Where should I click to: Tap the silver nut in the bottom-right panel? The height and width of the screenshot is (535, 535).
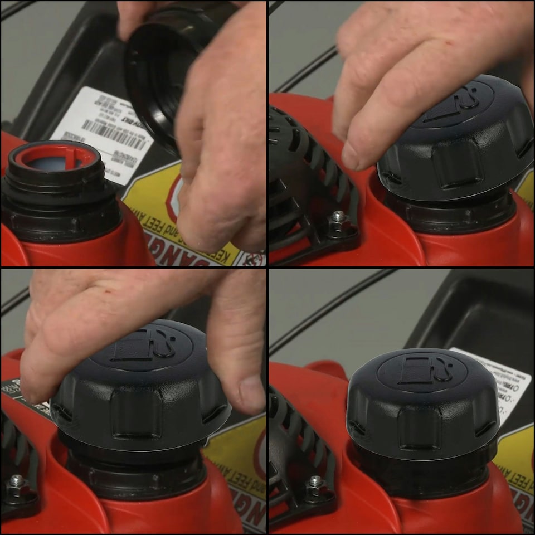315,482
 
